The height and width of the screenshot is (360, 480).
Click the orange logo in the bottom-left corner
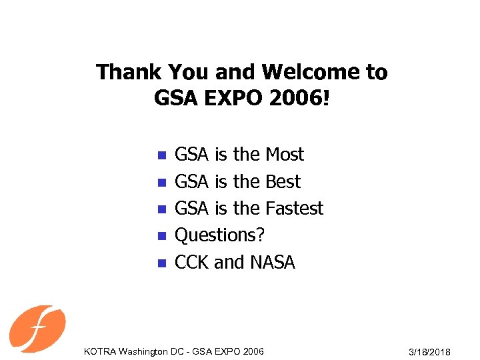37,329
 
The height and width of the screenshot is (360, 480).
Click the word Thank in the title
127,72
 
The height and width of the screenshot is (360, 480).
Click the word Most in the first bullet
285,155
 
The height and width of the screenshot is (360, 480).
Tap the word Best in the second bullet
283,181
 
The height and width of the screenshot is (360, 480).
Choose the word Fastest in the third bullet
294,209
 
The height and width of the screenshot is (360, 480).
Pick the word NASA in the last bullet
272,263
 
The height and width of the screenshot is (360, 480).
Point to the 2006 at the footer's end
253,351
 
